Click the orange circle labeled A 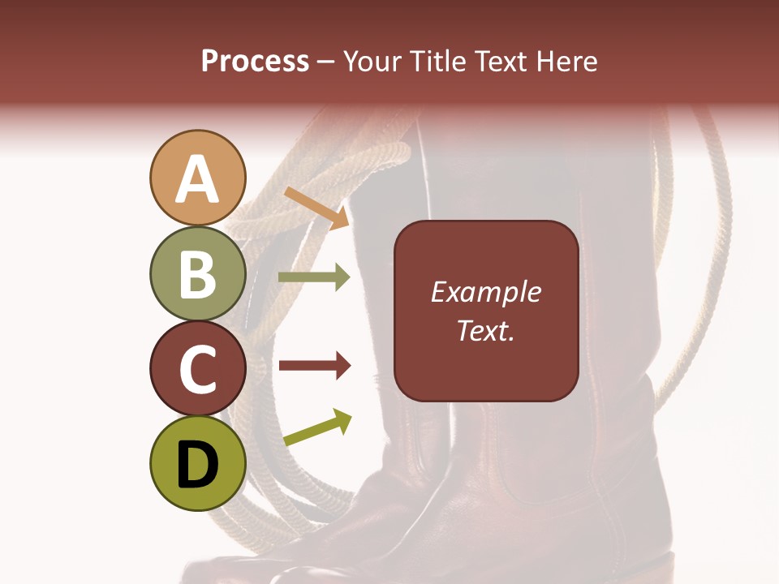click(x=198, y=178)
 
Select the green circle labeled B click(x=198, y=273)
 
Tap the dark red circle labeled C click(x=198, y=368)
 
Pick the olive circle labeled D click(x=198, y=464)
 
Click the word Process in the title click(x=255, y=61)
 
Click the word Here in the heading click(x=567, y=61)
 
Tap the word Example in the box click(x=485, y=292)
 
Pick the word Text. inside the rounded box click(x=485, y=330)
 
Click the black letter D click(x=198, y=465)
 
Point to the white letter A click(x=198, y=179)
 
